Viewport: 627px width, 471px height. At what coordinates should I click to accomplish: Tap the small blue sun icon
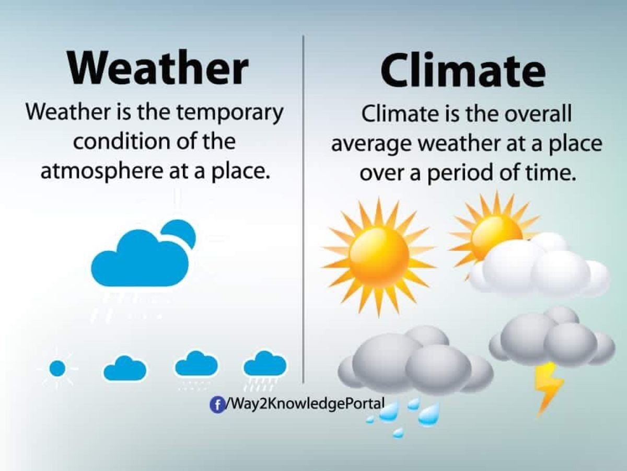pos(57,369)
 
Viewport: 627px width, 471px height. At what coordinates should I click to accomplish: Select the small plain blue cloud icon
pos(125,369)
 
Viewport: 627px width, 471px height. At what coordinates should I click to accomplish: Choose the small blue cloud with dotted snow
pos(196,364)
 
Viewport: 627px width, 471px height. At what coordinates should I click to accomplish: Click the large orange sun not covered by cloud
pos(379,256)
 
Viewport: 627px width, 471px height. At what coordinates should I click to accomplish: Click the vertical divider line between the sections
pos(304,209)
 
